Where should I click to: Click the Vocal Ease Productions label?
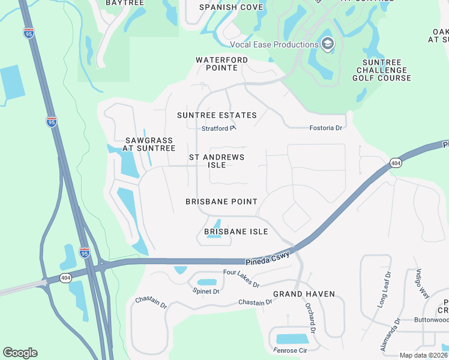click(x=274, y=44)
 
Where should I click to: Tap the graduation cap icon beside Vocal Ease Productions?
click(x=327, y=44)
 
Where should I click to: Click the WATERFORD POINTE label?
click(x=221, y=64)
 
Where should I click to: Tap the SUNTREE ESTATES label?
click(x=217, y=115)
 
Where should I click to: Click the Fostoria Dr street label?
click(x=325, y=128)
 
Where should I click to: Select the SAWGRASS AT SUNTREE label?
click(x=149, y=143)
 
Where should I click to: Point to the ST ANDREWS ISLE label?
click(x=217, y=161)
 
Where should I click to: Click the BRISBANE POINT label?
click(x=221, y=202)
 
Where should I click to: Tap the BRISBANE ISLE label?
click(x=236, y=232)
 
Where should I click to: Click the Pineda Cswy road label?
click(x=268, y=259)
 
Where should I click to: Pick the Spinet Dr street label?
click(x=206, y=291)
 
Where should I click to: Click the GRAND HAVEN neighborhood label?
click(x=304, y=294)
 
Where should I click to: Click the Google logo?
click(x=20, y=353)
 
